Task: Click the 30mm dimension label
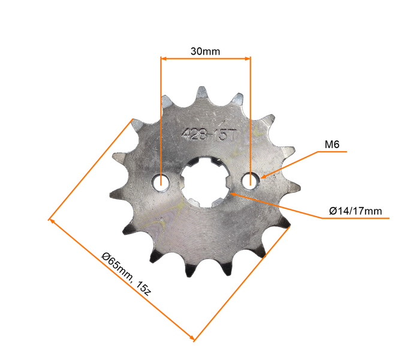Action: click(205, 51)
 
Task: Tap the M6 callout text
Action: click(333, 144)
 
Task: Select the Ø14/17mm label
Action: click(355, 211)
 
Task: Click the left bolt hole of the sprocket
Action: click(161, 181)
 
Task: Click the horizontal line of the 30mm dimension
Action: click(205, 58)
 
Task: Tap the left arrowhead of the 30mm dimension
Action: click(164, 58)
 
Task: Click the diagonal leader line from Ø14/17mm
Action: click(276, 205)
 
